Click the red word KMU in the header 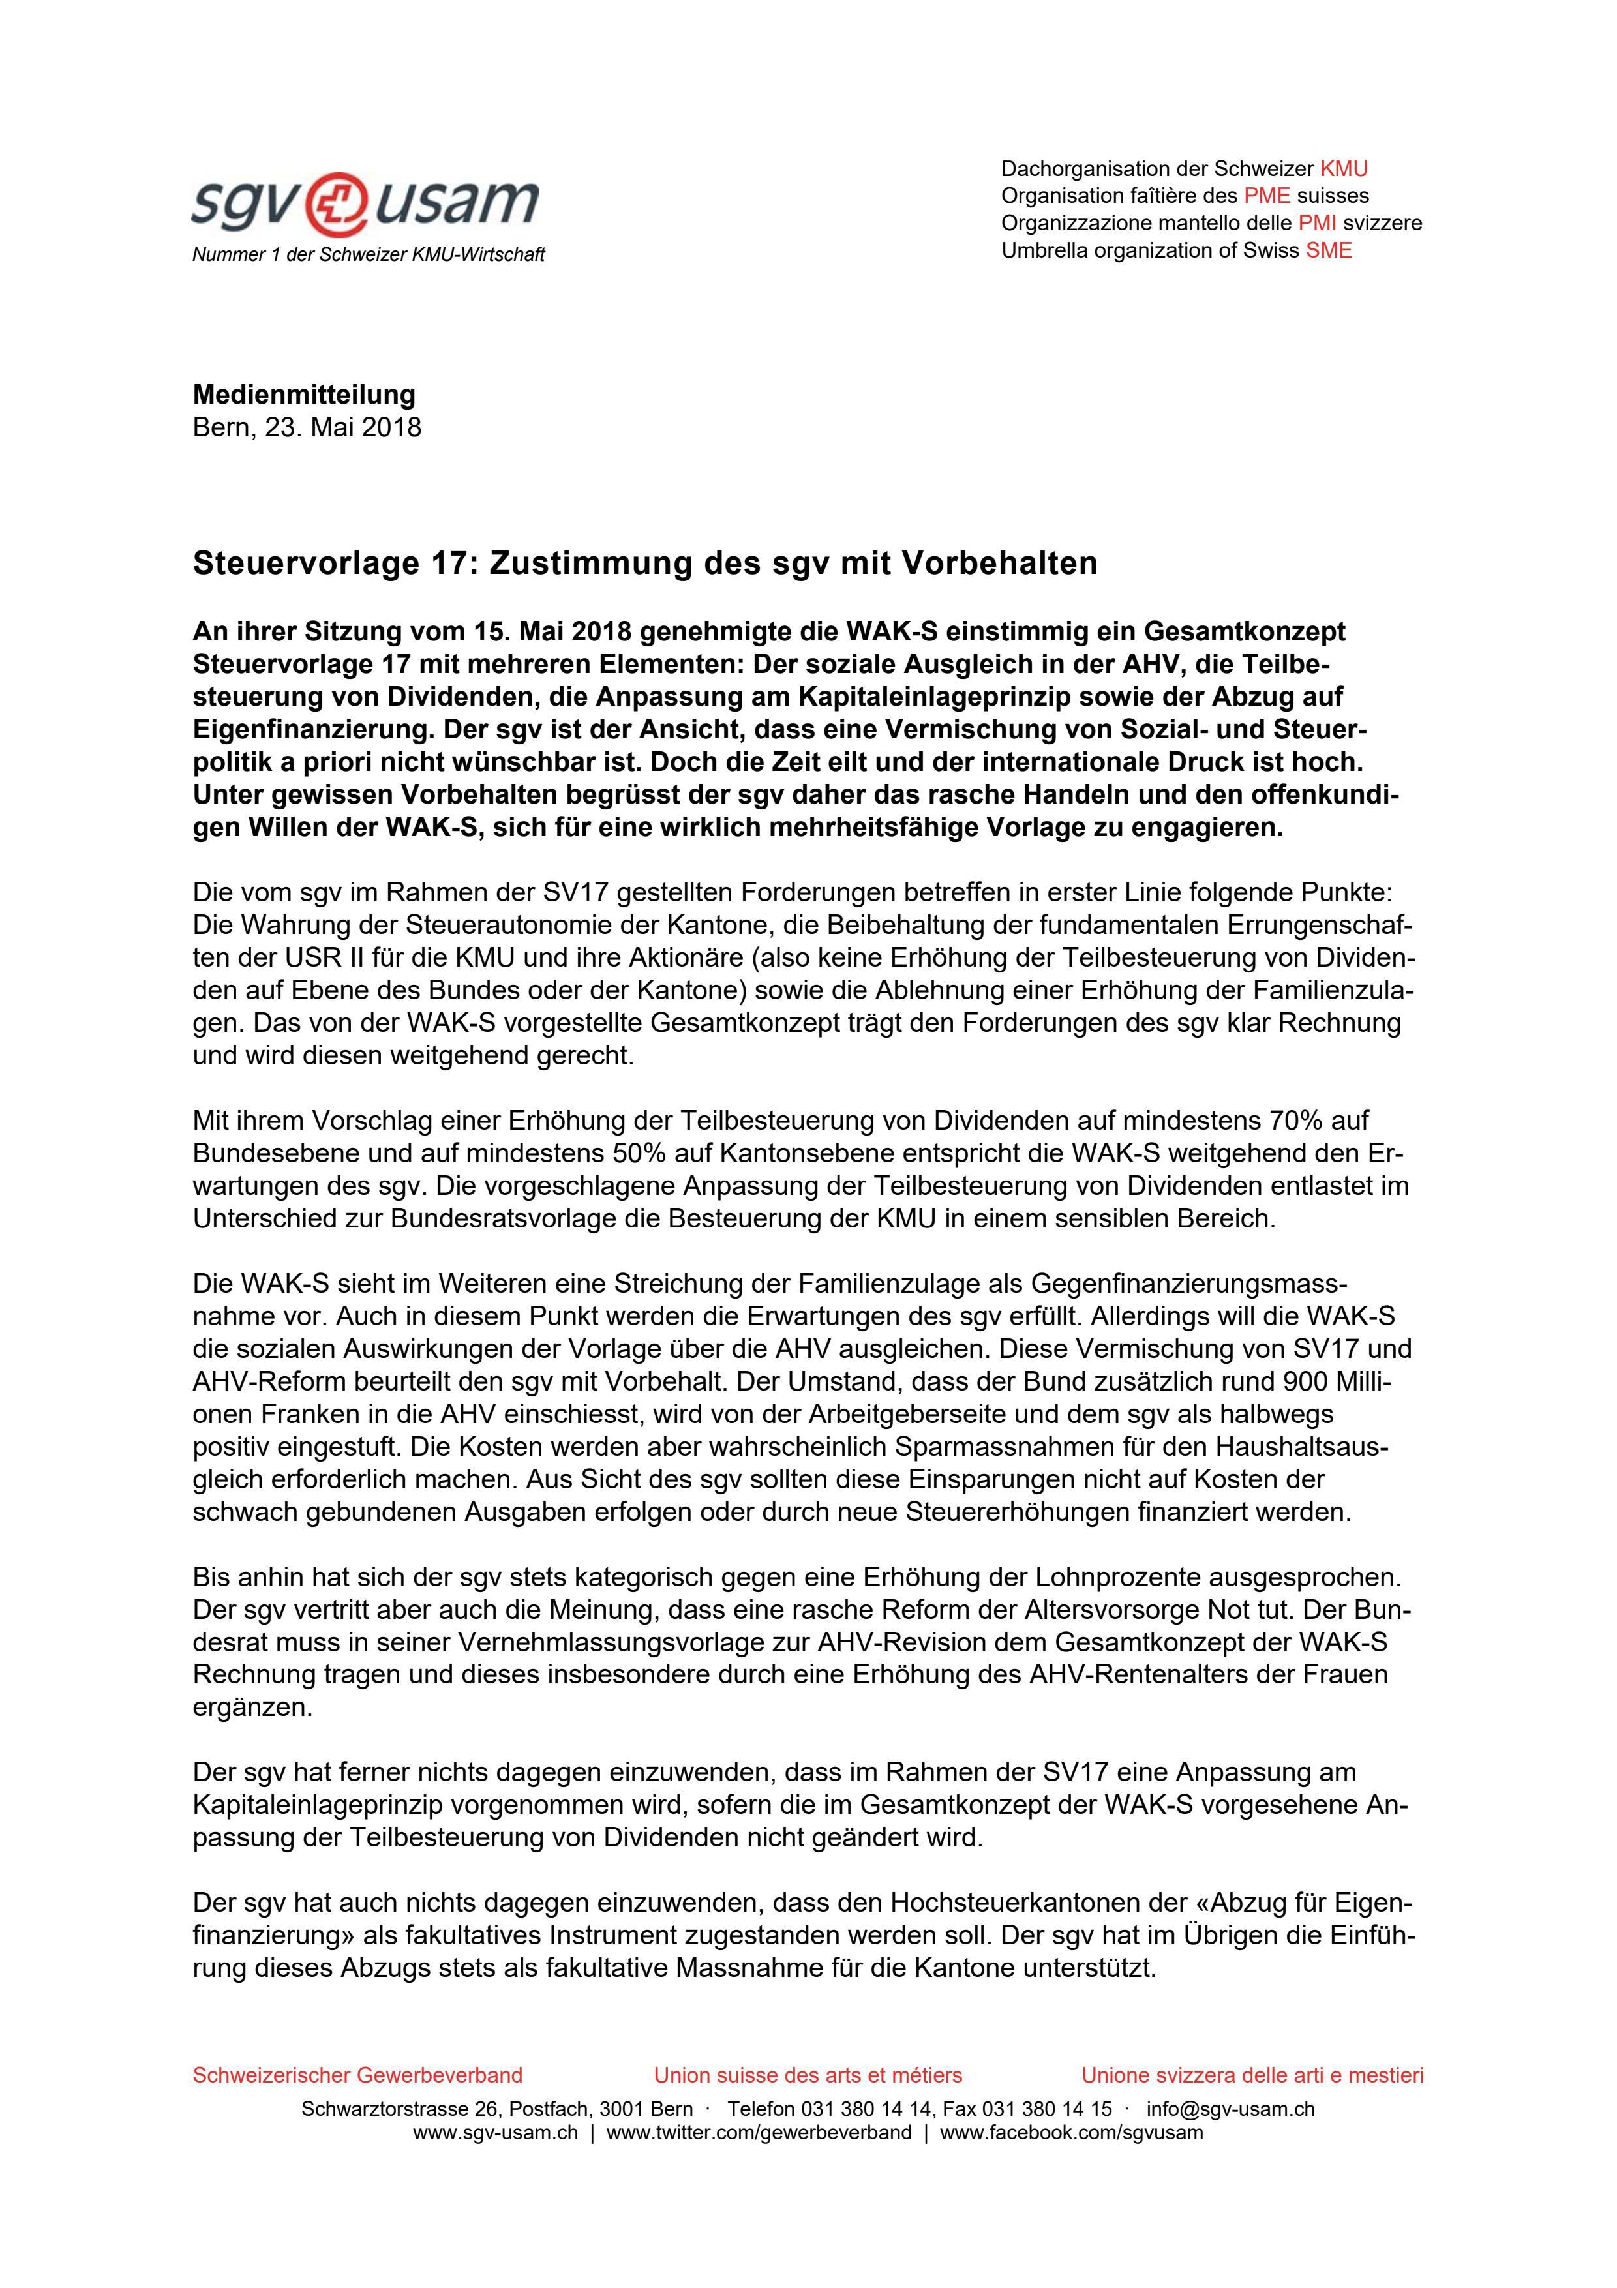click(1343, 170)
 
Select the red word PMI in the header click(1316, 223)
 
